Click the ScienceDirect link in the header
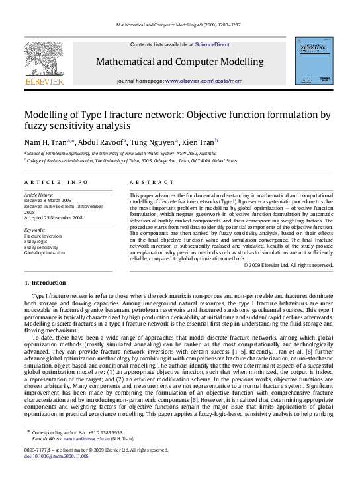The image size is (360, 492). [x=212, y=44]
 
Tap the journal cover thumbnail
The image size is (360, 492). [x=314, y=61]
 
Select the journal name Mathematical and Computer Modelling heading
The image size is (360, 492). [x=179, y=62]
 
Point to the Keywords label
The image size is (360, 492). [x=35, y=230]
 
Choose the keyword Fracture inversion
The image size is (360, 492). [x=42, y=236]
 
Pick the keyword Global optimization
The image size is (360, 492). [x=45, y=252]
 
